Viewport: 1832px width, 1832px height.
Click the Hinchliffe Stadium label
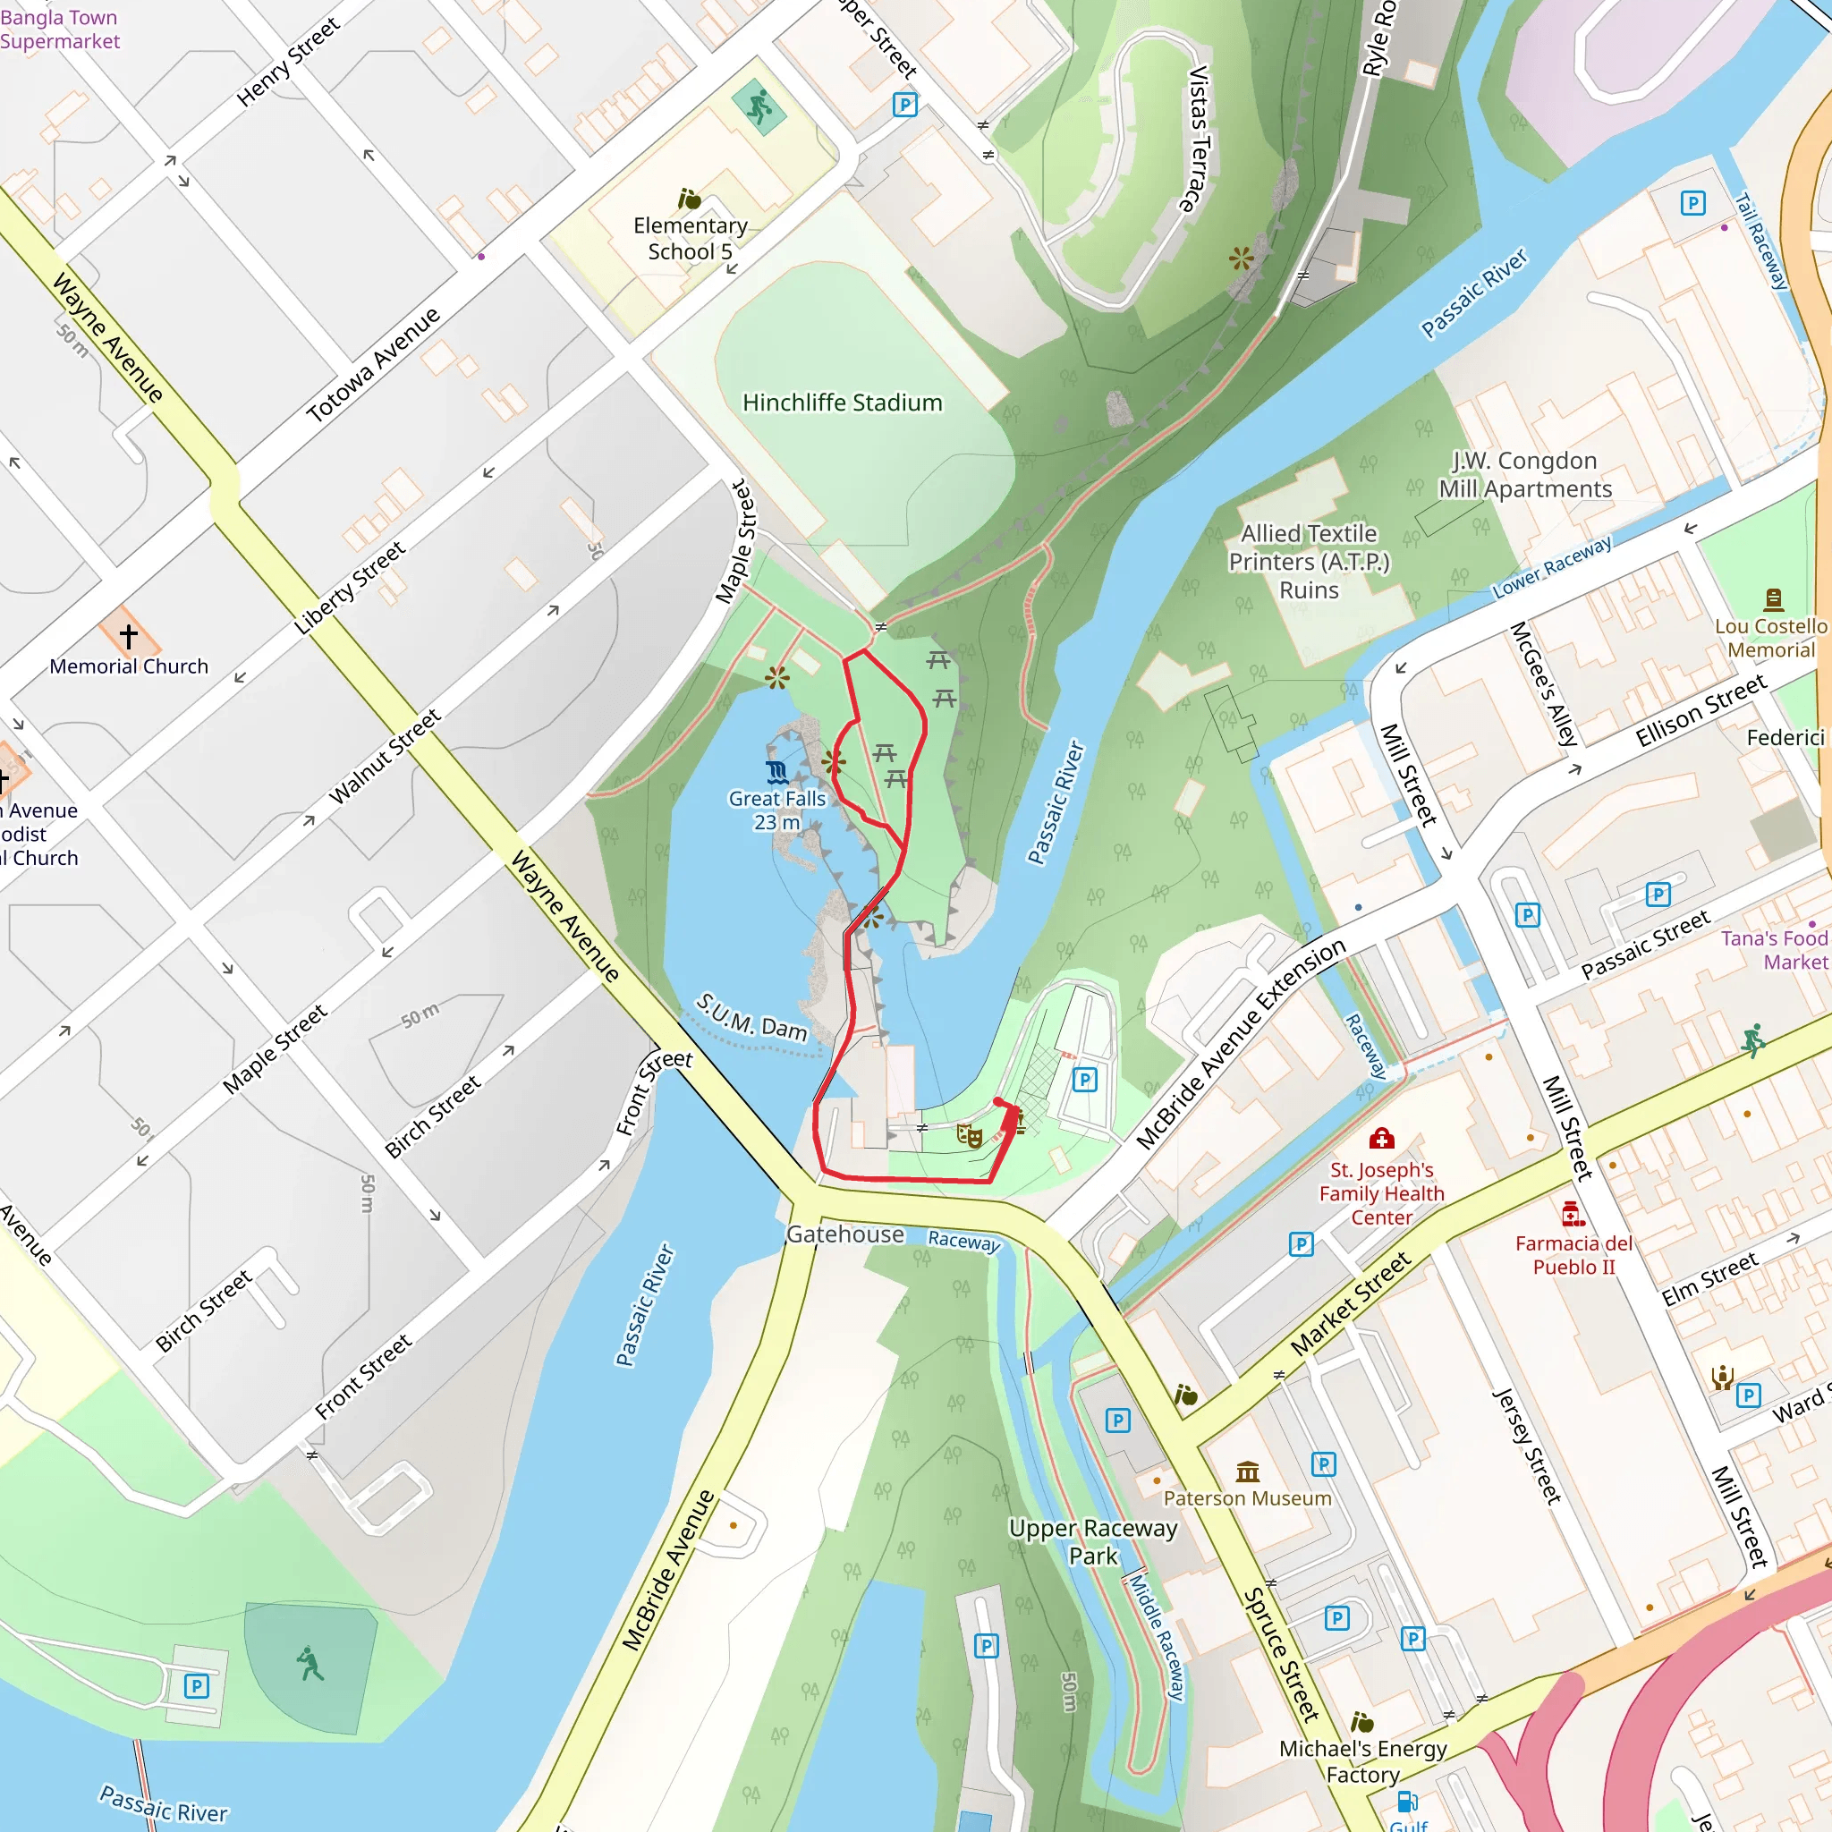(x=842, y=403)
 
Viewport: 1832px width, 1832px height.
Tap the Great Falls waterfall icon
(x=776, y=773)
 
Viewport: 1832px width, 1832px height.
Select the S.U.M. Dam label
(x=752, y=1015)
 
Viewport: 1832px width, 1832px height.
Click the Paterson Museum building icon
(x=1248, y=1472)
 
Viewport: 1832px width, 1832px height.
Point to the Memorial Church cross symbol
(x=129, y=635)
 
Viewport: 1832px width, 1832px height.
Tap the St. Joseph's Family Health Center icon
(x=1381, y=1138)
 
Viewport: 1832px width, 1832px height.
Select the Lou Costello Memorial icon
(x=1773, y=598)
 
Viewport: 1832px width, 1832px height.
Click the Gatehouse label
(x=844, y=1234)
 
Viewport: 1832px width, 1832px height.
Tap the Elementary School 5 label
(x=691, y=238)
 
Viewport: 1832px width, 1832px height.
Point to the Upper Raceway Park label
(x=1092, y=1542)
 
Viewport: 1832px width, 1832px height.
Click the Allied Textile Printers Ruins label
(x=1309, y=562)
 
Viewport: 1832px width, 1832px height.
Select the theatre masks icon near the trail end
(x=968, y=1135)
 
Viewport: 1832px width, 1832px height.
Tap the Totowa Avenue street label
(x=374, y=364)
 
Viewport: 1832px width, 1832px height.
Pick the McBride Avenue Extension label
(x=1241, y=1043)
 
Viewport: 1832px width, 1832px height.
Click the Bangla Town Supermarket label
(x=59, y=29)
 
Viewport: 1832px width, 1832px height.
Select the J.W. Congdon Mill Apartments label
(x=1525, y=474)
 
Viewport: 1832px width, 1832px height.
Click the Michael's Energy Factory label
(x=1362, y=1760)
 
